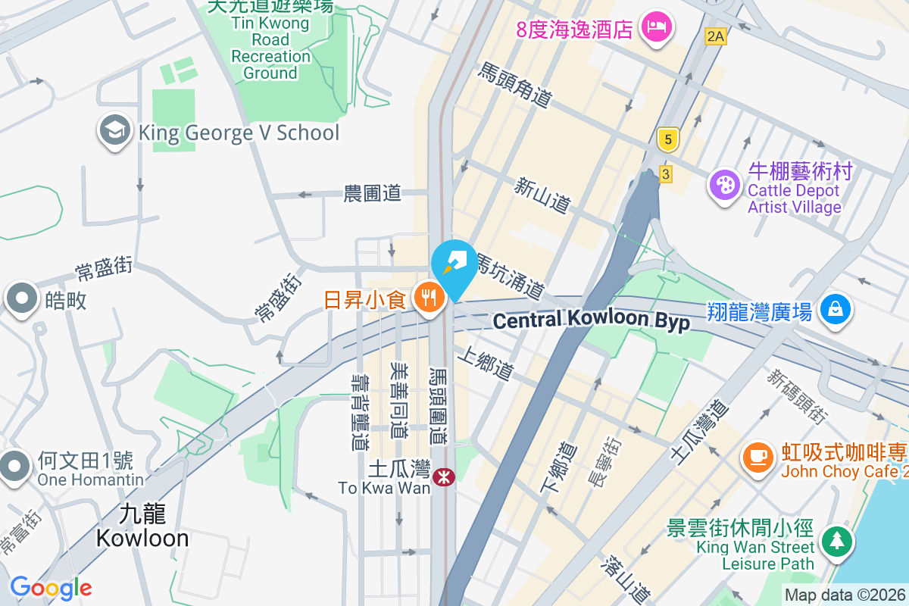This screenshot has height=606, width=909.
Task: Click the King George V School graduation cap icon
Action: (114, 131)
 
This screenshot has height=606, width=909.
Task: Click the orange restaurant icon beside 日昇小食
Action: (429, 298)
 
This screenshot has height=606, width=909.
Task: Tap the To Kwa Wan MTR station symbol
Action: (442, 476)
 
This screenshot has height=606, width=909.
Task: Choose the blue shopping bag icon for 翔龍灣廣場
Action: (834, 309)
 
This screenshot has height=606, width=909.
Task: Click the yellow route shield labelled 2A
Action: (714, 36)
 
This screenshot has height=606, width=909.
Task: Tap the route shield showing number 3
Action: (666, 174)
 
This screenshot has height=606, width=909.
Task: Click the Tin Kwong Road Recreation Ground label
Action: (270, 47)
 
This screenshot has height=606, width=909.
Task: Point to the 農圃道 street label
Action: (372, 194)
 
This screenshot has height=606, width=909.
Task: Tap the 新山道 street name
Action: (542, 195)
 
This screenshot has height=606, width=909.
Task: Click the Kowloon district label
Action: (142, 526)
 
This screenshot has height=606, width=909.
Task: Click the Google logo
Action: (51, 588)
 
